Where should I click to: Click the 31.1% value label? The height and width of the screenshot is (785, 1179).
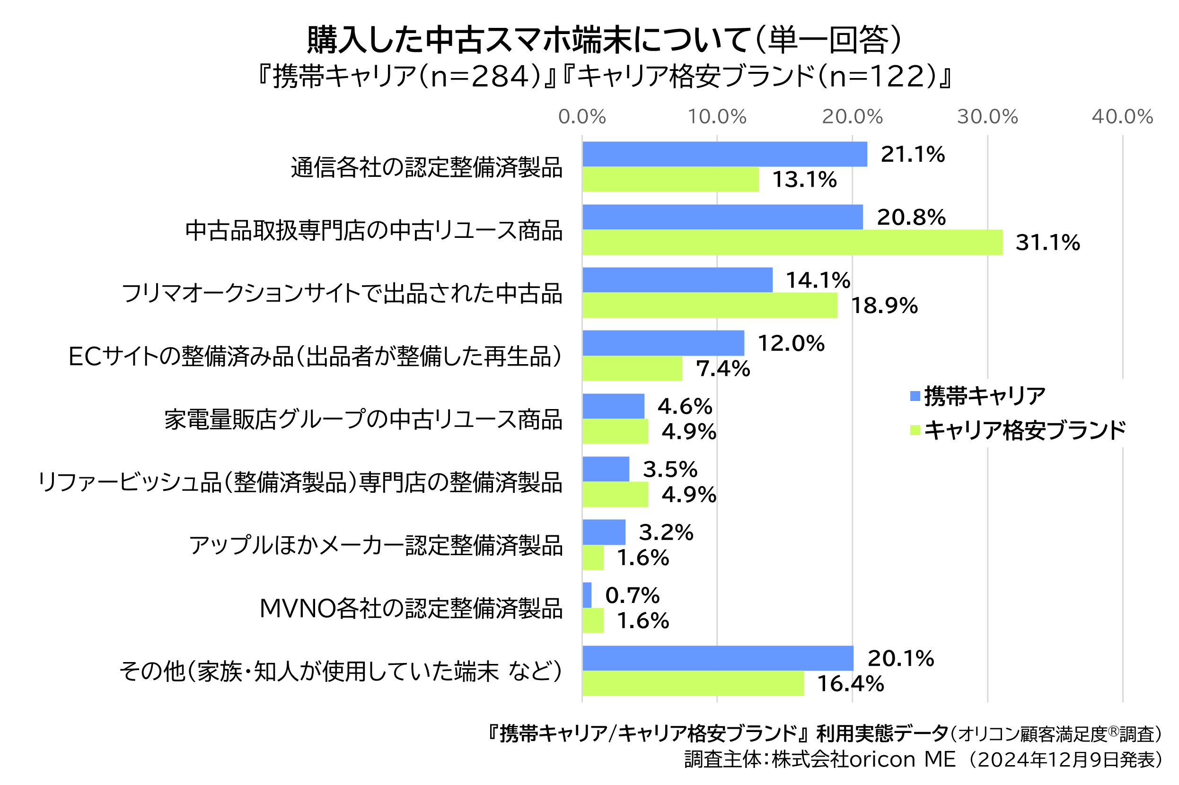pyautogui.click(x=1047, y=242)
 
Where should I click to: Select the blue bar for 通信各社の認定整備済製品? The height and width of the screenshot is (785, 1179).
pyautogui.click(x=724, y=154)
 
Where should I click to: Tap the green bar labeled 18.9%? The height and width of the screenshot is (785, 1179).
pyautogui.click(x=709, y=305)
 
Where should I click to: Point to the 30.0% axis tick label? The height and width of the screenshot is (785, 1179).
pyautogui.click(x=987, y=117)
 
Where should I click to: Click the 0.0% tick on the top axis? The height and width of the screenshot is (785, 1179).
pyautogui.click(x=582, y=117)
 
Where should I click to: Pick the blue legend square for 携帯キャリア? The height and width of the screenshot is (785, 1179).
pyautogui.click(x=915, y=396)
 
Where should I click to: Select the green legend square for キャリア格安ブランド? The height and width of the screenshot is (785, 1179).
pyautogui.click(x=915, y=430)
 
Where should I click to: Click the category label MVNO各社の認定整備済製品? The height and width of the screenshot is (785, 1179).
pyautogui.click(x=411, y=609)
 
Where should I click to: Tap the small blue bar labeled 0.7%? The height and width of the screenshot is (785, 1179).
pyautogui.click(x=587, y=595)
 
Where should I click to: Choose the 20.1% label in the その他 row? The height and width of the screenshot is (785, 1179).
pyautogui.click(x=900, y=658)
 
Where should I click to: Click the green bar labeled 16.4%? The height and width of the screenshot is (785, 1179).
pyautogui.click(x=693, y=683)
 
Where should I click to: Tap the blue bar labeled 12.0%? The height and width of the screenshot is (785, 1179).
pyautogui.click(x=663, y=343)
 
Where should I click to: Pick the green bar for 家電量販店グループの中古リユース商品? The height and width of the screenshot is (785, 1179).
pyautogui.click(x=615, y=431)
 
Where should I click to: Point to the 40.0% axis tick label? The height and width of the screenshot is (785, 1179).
pyautogui.click(x=1122, y=117)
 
